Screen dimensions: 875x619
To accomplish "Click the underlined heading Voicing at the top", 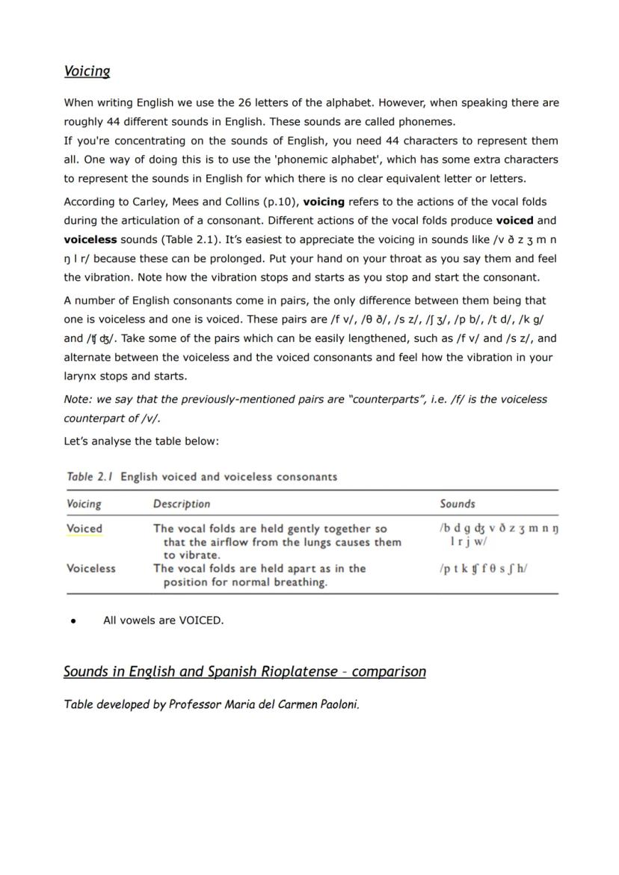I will click(87, 72).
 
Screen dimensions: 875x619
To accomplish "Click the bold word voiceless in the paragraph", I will click(90, 240).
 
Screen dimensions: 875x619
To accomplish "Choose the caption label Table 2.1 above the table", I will click(90, 477).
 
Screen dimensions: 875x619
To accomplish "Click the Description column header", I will click(182, 504).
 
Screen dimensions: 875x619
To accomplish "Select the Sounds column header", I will click(457, 504).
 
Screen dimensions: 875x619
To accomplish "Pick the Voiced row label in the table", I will click(84, 528).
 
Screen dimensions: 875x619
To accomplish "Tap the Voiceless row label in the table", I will click(91, 568).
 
